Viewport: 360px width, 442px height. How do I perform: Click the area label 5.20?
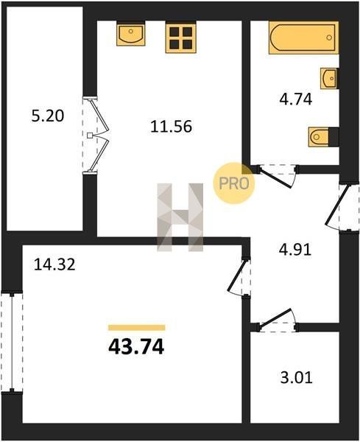48,116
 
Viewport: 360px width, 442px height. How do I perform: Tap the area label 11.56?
171,126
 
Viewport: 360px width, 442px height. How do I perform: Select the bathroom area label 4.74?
296,99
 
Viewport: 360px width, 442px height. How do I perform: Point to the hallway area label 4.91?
295,250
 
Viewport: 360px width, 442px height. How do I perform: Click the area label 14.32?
54,264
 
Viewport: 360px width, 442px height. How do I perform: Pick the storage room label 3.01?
297,378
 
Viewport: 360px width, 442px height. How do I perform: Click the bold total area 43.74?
136,347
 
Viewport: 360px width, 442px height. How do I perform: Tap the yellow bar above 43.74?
137,328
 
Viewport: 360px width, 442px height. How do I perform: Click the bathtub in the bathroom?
303,38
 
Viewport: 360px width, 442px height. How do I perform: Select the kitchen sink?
131,34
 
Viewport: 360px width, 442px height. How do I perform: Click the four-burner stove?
181,38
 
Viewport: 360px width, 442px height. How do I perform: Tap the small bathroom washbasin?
330,78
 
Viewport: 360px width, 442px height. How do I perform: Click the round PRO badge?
234,183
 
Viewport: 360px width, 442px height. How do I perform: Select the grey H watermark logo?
180,217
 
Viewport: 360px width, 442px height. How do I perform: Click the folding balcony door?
96,136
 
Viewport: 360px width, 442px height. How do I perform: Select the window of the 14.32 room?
12,342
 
